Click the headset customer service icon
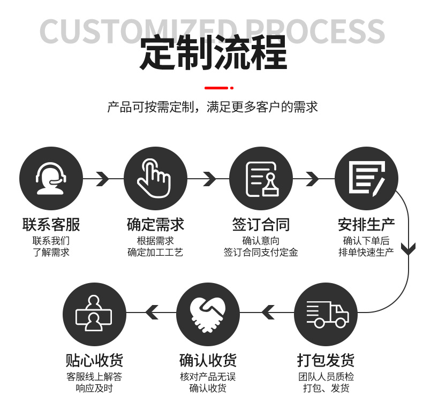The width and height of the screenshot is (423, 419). pyautogui.click(x=51, y=178)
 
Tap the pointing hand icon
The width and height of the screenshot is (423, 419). pyautogui.click(x=155, y=178)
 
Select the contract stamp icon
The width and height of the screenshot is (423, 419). pyautogui.click(x=261, y=178)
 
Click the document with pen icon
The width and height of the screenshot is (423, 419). pyautogui.click(x=366, y=178)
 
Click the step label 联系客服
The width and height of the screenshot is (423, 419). pyautogui.click(x=51, y=224)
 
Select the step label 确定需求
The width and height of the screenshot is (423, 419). pyautogui.click(x=155, y=224)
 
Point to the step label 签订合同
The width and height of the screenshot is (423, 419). pyautogui.click(x=261, y=224)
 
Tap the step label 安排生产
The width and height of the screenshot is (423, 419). pyautogui.click(x=366, y=224)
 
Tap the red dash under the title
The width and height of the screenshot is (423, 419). pyautogui.click(x=216, y=87)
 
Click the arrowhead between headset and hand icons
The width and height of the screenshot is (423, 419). pyautogui.click(x=102, y=178)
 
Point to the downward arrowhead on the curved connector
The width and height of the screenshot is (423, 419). pyautogui.click(x=409, y=249)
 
